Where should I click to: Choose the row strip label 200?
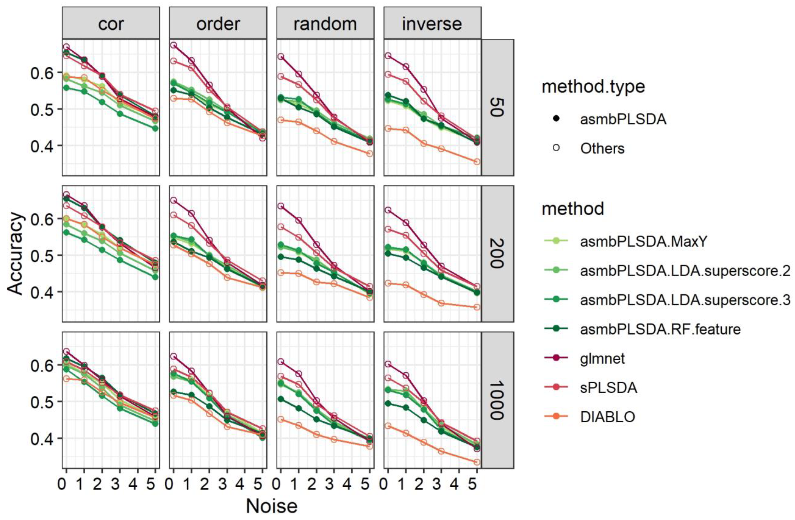[497, 254]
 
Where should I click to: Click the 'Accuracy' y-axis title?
[16, 254]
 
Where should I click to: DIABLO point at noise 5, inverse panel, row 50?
[477, 162]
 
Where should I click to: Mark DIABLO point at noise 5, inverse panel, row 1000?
[477, 462]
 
